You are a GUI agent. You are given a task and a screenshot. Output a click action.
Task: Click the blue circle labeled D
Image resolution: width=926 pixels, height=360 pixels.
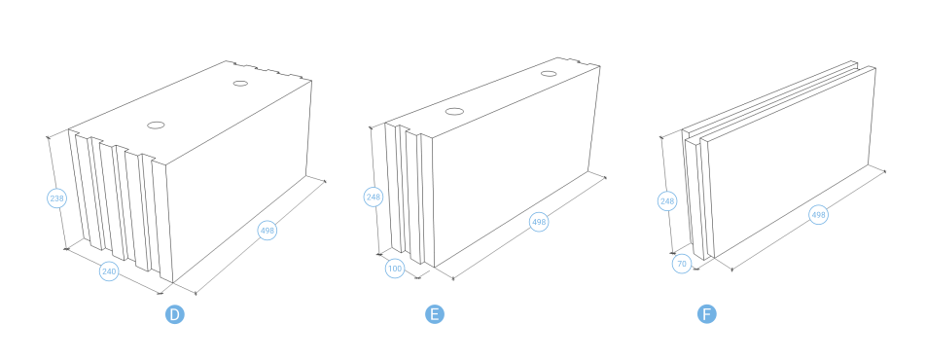[175, 314]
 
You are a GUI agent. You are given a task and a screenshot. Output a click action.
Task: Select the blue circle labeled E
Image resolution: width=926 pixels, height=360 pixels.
[435, 314]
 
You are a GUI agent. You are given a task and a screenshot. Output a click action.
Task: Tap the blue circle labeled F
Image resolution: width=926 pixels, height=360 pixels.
[707, 314]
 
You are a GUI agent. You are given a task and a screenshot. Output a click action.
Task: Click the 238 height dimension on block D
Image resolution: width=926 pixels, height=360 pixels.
[56, 198]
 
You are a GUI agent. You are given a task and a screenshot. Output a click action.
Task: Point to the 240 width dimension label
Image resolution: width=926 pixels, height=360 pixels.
[109, 271]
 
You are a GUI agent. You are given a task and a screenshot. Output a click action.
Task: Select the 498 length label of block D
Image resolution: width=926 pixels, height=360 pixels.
[267, 231]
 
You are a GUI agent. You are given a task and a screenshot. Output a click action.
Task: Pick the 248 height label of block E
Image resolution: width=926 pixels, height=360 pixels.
[374, 197]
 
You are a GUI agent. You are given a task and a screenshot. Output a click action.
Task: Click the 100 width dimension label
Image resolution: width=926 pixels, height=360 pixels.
[395, 269]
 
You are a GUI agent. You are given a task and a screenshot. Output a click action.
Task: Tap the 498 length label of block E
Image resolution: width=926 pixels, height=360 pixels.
[539, 222]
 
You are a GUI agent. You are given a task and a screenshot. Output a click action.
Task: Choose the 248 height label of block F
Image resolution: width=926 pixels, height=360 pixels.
[667, 201]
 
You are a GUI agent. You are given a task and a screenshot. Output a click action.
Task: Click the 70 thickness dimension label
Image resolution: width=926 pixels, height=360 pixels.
[682, 264]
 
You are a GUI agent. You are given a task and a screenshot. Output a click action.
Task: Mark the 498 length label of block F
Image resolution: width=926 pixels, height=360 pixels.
[819, 215]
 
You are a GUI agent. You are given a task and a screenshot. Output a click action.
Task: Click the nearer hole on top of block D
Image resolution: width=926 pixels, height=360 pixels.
[156, 126]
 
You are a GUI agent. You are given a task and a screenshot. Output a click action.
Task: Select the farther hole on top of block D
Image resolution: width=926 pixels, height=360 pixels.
[240, 84]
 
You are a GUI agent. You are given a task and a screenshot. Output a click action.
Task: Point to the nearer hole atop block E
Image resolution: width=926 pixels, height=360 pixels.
[454, 112]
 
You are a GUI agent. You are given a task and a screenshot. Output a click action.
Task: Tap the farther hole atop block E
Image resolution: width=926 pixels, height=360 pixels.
[549, 74]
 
